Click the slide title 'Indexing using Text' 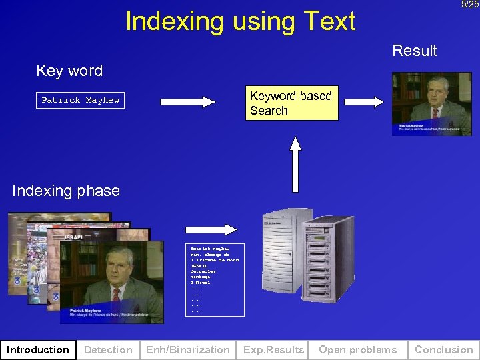point(240,21)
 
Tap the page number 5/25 point(469,5)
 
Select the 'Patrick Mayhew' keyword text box point(80,100)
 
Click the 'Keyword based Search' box point(291,103)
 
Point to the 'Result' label point(414,51)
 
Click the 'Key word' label point(69,71)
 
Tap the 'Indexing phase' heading point(66,191)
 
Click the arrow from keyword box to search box point(187,102)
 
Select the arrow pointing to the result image point(363,102)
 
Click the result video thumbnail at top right point(431,103)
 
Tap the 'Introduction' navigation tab point(38,350)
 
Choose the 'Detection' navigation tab point(108,350)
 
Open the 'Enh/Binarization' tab point(188,350)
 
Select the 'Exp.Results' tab point(273,350)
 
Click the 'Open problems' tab point(357,350)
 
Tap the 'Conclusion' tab point(443,350)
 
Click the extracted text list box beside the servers point(215,279)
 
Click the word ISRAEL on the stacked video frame point(73,237)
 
